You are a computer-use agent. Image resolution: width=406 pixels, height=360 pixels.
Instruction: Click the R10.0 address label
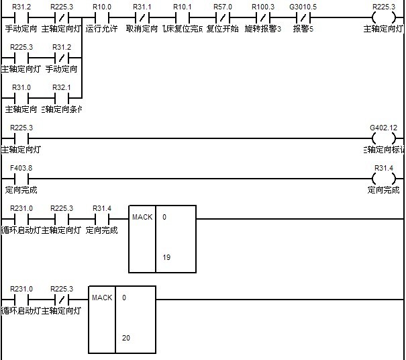pyautogui.click(x=102, y=6)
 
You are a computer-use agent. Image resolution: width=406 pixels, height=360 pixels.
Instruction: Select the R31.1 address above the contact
pyautogui.click(x=142, y=6)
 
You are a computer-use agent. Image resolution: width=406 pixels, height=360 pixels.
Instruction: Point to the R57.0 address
pyautogui.click(x=223, y=6)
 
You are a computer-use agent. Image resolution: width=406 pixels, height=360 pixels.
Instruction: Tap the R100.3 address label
pyautogui.click(x=263, y=6)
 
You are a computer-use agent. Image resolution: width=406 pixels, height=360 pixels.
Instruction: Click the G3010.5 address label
pyautogui.click(x=303, y=6)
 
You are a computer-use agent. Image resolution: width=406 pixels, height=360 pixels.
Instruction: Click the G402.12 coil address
pyautogui.click(x=383, y=128)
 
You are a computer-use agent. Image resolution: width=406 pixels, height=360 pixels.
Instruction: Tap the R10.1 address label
pyautogui.click(x=183, y=6)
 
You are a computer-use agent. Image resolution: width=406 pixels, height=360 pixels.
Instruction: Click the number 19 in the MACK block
pyautogui.click(x=166, y=257)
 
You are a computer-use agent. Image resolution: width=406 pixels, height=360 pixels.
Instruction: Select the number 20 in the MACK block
pyautogui.click(x=126, y=338)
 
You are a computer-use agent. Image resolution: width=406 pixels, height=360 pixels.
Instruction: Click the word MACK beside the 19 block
pyautogui.click(x=142, y=217)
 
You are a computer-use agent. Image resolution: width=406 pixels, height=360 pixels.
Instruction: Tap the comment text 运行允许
pyautogui.click(x=102, y=29)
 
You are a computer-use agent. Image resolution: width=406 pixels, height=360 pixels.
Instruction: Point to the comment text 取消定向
pyautogui.click(x=142, y=29)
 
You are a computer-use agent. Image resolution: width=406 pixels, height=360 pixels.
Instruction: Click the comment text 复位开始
pyautogui.click(x=223, y=29)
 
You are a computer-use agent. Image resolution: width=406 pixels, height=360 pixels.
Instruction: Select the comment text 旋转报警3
pyautogui.click(x=263, y=29)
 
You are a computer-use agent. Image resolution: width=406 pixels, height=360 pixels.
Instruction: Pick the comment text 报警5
pyautogui.click(x=303, y=29)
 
